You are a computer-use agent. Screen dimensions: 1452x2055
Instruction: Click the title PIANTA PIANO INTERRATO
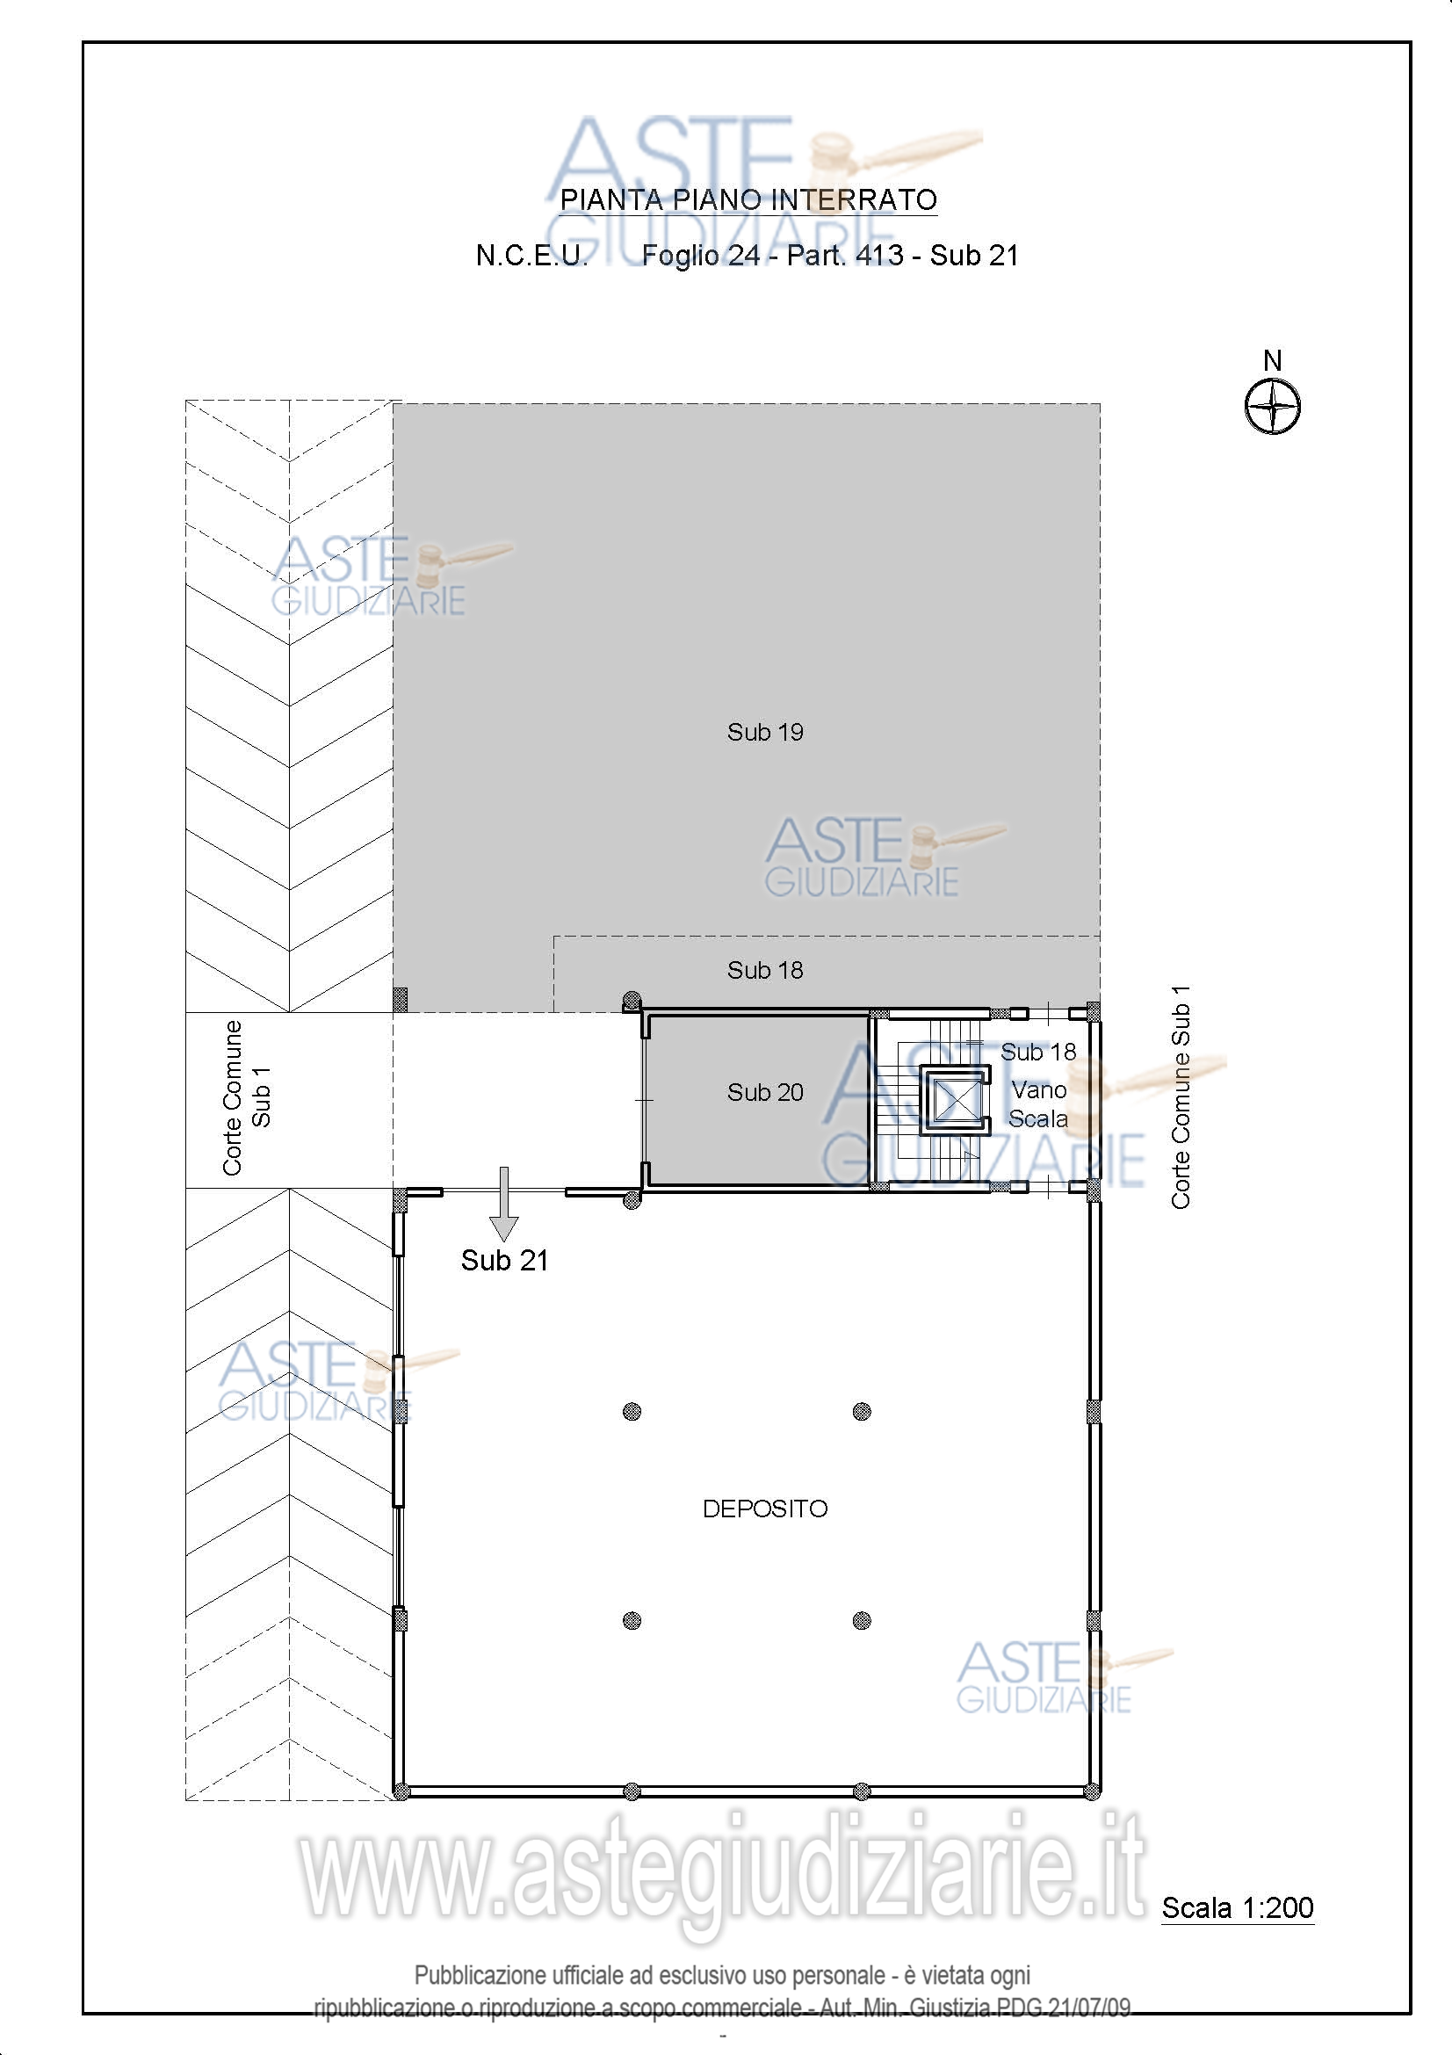(748, 199)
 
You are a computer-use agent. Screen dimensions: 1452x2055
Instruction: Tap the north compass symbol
(1272, 407)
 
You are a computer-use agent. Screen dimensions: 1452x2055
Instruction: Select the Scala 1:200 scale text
(1238, 1907)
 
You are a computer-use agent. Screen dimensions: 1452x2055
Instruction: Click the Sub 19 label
(765, 732)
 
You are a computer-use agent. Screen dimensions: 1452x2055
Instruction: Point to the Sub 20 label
(765, 1092)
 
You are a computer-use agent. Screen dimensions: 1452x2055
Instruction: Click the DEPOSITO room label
(765, 1509)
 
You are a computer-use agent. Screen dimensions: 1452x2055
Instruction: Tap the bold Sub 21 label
(504, 1260)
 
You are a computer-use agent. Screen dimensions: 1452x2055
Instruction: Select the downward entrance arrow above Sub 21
(504, 1204)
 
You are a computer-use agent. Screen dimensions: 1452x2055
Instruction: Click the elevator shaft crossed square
(956, 1100)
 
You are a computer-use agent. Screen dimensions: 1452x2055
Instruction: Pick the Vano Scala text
(1038, 1104)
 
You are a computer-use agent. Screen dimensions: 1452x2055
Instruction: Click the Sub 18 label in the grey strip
(765, 970)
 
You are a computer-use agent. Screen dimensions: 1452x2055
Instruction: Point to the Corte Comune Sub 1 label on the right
(1181, 1096)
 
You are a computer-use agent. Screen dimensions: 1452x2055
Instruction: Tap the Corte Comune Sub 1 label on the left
(246, 1097)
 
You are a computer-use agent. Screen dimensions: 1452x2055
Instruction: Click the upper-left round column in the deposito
(632, 1412)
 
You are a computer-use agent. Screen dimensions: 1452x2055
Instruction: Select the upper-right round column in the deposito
(862, 1412)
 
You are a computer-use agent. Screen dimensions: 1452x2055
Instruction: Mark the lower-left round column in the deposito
(632, 1620)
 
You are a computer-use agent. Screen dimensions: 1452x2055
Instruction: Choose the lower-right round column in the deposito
(862, 1620)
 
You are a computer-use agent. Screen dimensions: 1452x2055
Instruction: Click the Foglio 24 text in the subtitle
(700, 256)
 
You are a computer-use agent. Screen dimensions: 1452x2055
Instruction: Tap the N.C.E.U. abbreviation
(531, 256)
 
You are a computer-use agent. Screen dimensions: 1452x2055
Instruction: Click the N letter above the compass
(1272, 360)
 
